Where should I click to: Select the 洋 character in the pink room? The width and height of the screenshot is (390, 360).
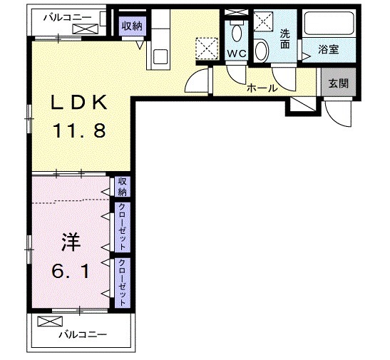tap(69, 242)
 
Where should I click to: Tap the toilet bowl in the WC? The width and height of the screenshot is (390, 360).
tap(236, 33)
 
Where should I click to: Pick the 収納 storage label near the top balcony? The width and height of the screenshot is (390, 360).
tap(131, 26)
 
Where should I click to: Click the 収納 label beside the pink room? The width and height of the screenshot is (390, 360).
tap(123, 187)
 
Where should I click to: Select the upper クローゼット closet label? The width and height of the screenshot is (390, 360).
tap(123, 227)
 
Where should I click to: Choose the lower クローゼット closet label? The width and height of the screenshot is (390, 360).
tap(123, 281)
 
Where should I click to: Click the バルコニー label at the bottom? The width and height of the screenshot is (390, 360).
tap(82, 334)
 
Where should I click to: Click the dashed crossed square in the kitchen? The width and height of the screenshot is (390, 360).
tap(209, 48)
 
